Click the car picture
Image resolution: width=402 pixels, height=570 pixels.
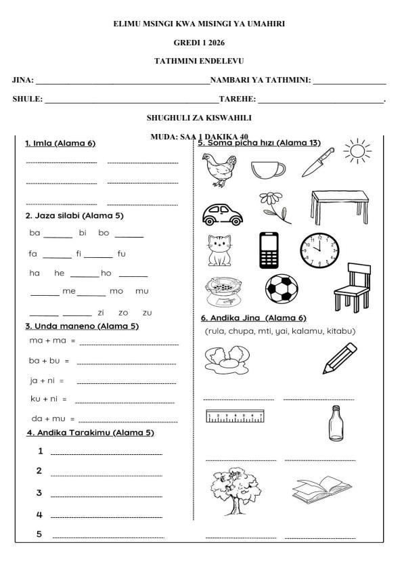point(223,215)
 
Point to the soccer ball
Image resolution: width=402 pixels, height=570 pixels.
point(282,289)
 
